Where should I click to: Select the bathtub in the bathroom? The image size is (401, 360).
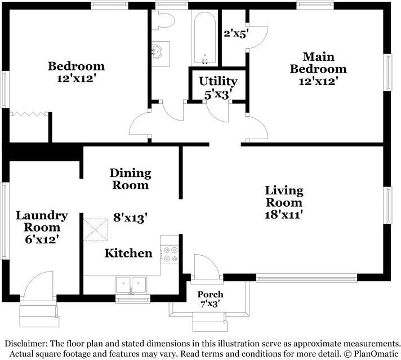pos(204,38)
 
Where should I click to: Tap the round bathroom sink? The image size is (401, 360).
pos(157,52)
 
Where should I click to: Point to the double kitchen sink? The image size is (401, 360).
pos(131,285)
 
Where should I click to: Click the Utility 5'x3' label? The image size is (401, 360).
pos(218,88)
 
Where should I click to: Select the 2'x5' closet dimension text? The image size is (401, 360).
pos(236,33)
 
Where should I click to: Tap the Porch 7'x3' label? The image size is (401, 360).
pos(210,299)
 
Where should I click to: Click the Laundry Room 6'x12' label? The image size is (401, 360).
pos(42,227)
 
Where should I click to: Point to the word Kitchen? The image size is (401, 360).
pos(128,253)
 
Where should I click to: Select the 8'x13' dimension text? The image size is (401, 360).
pos(131,217)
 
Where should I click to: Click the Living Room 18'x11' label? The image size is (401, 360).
pos(284,202)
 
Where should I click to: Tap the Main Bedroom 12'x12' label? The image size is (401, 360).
pos(318,69)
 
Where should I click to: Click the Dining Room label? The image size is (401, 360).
pos(131,179)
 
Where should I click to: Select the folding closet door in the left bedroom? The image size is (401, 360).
pos(29,114)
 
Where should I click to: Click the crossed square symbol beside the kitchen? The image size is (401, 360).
pos(96,230)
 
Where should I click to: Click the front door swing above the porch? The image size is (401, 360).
pos(207,268)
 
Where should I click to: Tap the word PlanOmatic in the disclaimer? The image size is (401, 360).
pos(376,354)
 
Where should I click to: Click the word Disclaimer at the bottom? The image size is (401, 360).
pos(26,343)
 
